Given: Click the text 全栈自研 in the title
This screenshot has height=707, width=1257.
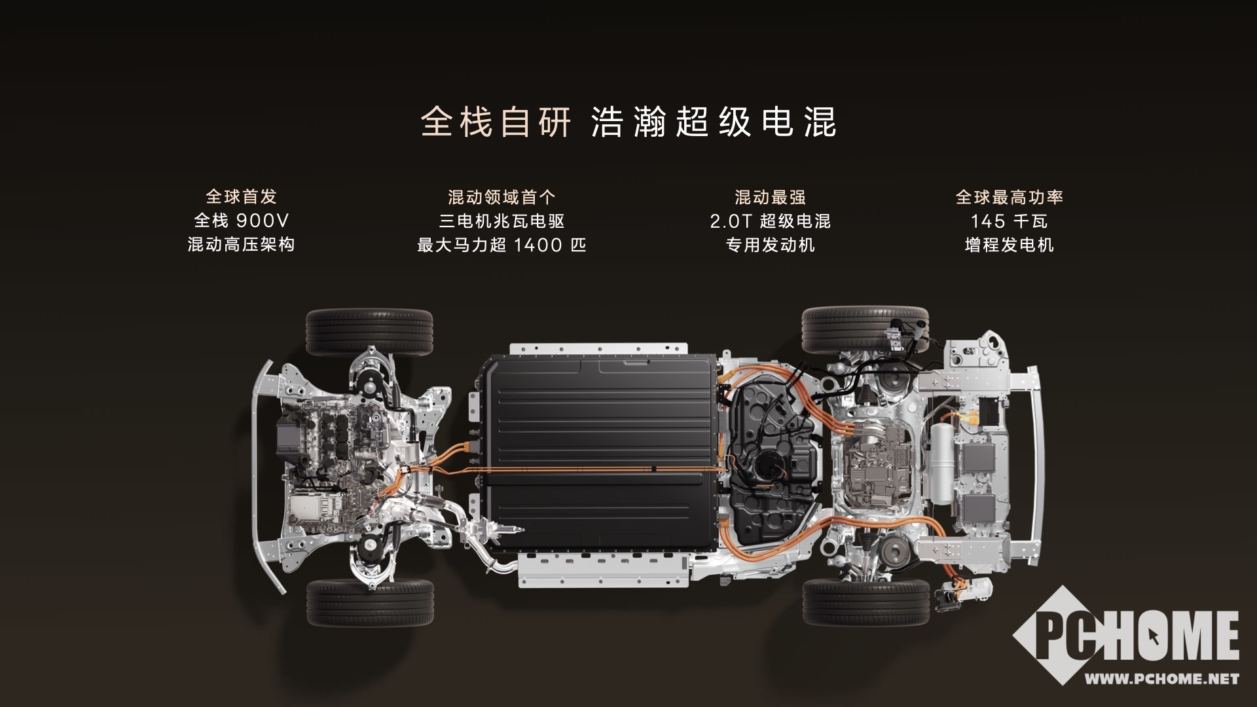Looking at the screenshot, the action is tap(496, 122).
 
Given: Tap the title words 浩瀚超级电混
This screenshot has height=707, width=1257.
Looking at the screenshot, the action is tap(714, 122).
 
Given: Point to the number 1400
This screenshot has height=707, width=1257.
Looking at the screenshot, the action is tap(538, 245).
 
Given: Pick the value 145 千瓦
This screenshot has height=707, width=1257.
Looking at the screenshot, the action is tap(1009, 221).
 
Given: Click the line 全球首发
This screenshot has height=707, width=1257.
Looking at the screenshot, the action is tap(241, 196).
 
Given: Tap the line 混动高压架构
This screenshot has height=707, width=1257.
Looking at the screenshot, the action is tap(241, 244).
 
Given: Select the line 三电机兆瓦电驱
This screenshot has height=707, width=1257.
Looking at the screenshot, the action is tap(501, 221).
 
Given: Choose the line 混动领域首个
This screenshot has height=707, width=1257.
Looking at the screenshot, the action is tap(501, 197).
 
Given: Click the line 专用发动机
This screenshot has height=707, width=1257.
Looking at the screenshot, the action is tap(770, 245).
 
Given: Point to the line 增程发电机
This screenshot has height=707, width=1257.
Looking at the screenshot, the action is tap(1009, 245).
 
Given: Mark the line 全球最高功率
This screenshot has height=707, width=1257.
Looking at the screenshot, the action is tap(1009, 197).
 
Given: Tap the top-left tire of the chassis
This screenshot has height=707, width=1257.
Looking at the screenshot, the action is tap(369, 332).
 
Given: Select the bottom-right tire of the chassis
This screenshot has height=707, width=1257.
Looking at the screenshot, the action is tap(865, 602).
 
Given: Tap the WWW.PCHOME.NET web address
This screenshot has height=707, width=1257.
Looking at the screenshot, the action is tap(1162, 679).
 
